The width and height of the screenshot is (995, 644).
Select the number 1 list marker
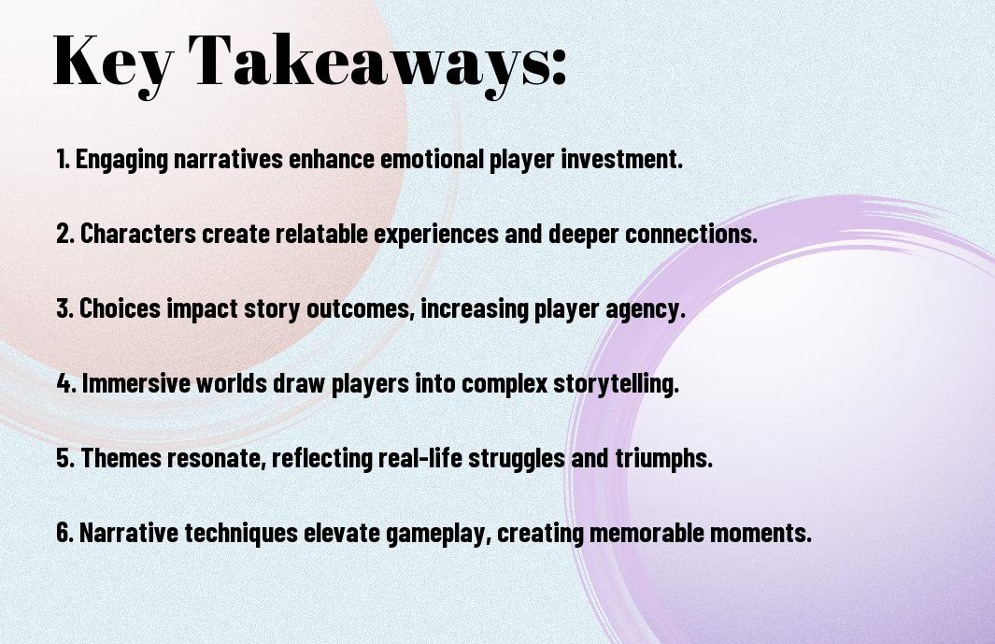[x=63, y=160]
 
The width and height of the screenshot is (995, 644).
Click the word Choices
[x=121, y=309]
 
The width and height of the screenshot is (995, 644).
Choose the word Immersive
[x=135, y=384]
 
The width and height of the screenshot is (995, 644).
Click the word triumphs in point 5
[x=663, y=459]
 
